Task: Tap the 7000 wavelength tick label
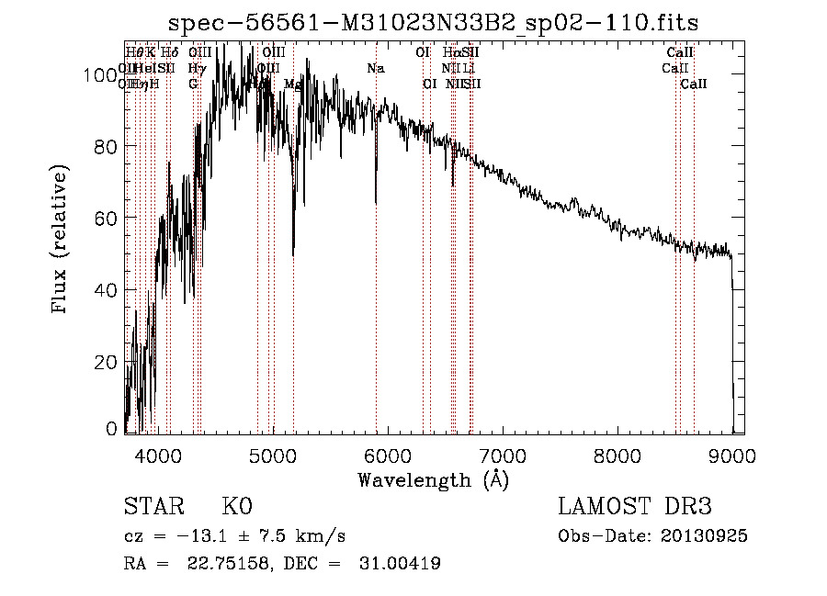pos(502,454)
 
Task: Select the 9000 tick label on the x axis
pos(732,454)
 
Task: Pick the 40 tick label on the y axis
pos(109,289)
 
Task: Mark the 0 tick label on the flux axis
pos(114,428)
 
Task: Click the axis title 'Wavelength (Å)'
pos(433,479)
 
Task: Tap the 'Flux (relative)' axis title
pos(62,241)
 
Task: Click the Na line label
pos(375,69)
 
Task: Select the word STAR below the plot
pos(153,507)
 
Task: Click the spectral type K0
pos(237,507)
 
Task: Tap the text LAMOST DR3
pos(635,507)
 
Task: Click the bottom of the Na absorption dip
pos(376,202)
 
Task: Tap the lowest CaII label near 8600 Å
pos(694,84)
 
